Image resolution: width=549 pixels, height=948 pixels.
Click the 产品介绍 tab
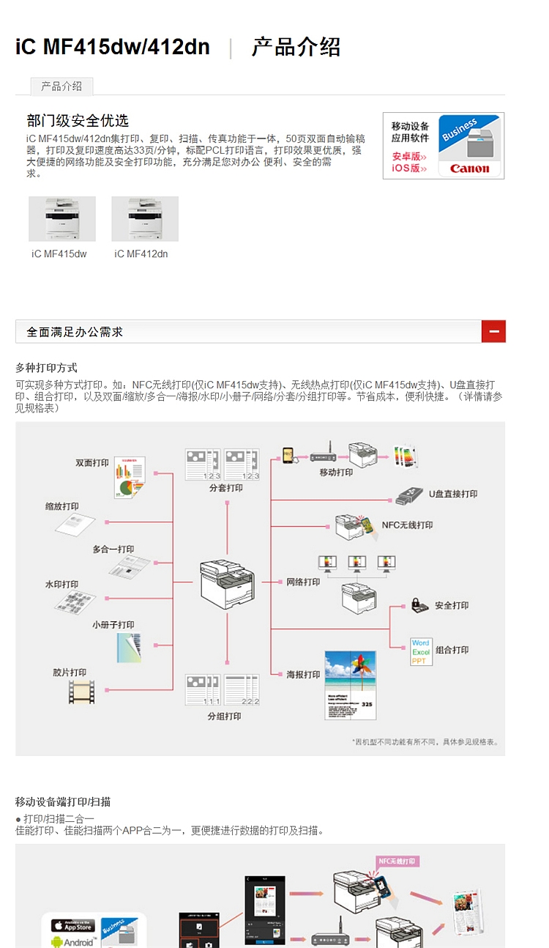click(61, 86)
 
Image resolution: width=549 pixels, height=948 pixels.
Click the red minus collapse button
click(493, 332)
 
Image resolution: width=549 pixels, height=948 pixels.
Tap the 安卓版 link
click(409, 156)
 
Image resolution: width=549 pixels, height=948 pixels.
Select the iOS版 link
click(409, 168)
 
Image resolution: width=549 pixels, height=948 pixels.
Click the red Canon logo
click(470, 169)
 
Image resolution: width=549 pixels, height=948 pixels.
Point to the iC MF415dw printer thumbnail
click(61, 218)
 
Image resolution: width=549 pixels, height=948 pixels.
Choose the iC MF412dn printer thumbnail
click(144, 218)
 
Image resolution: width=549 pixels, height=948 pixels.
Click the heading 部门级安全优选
click(78, 121)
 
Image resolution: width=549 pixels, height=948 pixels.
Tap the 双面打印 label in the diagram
click(92, 463)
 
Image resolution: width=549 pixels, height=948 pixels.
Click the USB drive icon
click(410, 495)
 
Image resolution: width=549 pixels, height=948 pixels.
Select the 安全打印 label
click(451, 606)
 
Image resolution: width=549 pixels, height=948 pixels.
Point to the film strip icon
click(81, 692)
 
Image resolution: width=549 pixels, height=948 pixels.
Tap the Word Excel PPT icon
click(421, 651)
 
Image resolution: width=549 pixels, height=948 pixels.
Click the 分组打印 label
click(224, 716)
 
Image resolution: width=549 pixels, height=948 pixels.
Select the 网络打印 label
click(303, 582)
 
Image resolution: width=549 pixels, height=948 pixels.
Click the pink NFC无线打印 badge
click(400, 862)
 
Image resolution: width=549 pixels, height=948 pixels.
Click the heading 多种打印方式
click(46, 368)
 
